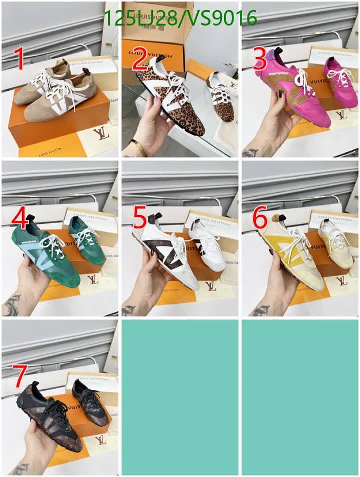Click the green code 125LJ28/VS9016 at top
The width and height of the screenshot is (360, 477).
(180, 19)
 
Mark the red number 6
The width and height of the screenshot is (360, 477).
(260, 218)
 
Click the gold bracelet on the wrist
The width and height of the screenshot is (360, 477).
(139, 146)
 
